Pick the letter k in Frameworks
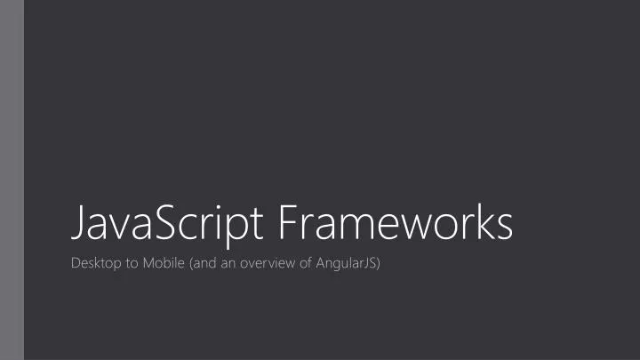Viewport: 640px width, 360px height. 480,222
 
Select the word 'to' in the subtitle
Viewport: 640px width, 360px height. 130,264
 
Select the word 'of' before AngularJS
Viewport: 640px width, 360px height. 302,264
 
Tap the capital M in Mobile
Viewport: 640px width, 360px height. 148,264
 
